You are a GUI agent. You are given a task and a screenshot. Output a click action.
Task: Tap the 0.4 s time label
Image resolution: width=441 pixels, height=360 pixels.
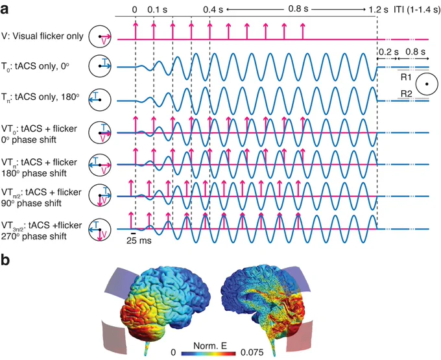pyautogui.click(x=213, y=10)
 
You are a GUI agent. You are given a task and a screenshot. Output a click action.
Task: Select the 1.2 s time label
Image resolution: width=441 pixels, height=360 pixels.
pyautogui.click(x=379, y=10)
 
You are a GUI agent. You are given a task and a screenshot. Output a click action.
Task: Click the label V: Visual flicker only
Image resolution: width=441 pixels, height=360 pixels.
pyautogui.click(x=42, y=36)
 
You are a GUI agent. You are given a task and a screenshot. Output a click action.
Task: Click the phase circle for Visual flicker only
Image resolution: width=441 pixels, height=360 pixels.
pyautogui.click(x=100, y=36)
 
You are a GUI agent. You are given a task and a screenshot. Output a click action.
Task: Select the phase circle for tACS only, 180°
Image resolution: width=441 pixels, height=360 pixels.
pyautogui.click(x=100, y=100)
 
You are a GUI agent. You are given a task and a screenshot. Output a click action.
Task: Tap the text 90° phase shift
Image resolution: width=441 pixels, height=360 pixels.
pyautogui.click(x=31, y=203)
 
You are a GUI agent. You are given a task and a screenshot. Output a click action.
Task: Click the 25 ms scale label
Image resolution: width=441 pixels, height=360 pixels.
pyautogui.click(x=139, y=241)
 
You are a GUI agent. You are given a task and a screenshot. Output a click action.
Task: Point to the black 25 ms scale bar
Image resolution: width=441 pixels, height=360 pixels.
pyautogui.click(x=134, y=233)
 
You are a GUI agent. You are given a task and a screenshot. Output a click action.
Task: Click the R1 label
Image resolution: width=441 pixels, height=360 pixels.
pyautogui.click(x=406, y=77)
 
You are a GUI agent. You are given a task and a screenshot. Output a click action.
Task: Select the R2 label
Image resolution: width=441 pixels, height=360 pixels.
pyautogui.click(x=406, y=93)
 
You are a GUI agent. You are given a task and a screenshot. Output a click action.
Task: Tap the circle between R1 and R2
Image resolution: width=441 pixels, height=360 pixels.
pyautogui.click(x=427, y=84)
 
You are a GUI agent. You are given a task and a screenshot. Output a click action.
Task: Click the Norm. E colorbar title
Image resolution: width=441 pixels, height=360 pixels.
pyautogui.click(x=210, y=346)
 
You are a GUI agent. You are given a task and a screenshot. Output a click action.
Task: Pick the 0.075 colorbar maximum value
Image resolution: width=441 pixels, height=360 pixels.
pyautogui.click(x=252, y=352)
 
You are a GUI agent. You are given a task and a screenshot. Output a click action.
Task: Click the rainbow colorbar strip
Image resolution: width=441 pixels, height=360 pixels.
pyautogui.click(x=208, y=353)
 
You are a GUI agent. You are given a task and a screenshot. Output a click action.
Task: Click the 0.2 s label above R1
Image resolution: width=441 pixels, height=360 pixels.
pyautogui.click(x=388, y=52)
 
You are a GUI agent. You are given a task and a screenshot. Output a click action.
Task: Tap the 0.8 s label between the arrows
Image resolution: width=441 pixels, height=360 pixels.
pyautogui.click(x=298, y=9)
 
